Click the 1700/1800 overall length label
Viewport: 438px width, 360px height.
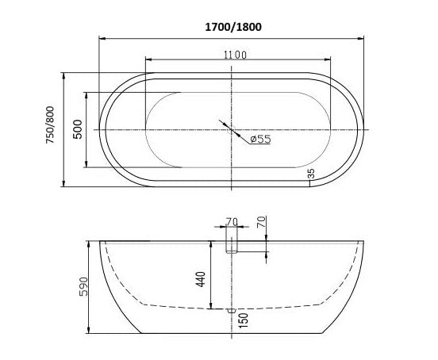(x=233, y=27)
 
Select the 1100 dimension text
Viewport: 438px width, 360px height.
(x=235, y=55)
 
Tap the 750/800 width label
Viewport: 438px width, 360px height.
(x=50, y=124)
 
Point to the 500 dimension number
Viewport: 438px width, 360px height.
(x=78, y=129)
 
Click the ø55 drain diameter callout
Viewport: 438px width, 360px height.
(x=261, y=139)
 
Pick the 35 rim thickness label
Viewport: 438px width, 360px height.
(x=311, y=174)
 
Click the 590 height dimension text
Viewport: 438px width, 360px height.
(x=83, y=286)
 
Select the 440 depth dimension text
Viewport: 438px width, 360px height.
(x=201, y=279)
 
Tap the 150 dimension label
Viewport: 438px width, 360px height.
(x=244, y=320)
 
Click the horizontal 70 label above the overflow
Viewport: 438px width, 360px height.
(x=232, y=222)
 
